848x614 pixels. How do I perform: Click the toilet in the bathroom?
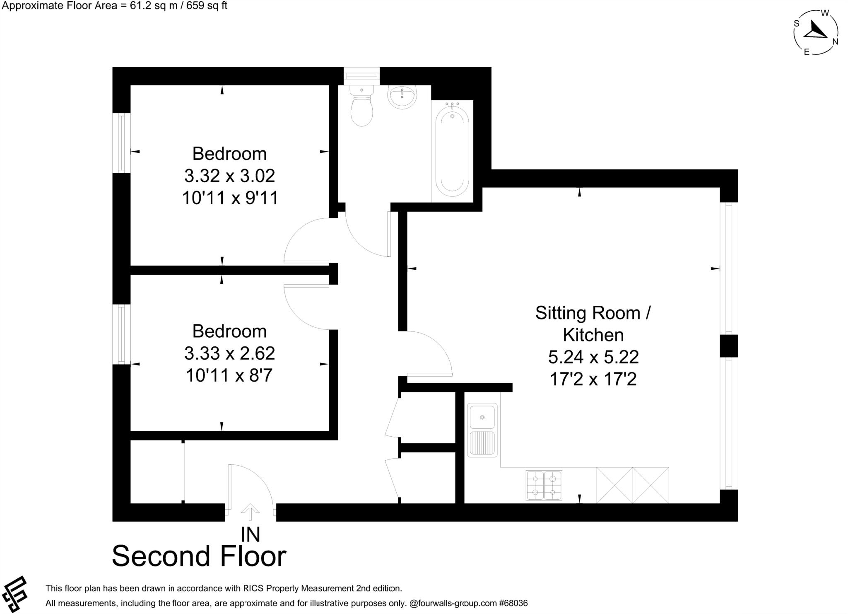tap(361, 107)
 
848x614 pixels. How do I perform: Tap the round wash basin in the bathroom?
tap(401, 97)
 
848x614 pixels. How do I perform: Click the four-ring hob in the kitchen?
tap(544, 485)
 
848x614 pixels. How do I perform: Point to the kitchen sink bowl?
tap(482, 417)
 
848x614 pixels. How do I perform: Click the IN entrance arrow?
tap(250, 512)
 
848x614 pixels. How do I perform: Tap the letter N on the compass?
tap(835, 41)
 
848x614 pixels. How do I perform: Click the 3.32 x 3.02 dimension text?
tap(229, 176)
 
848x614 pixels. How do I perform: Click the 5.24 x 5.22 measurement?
tap(593, 357)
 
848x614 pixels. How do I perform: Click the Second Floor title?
tap(199, 556)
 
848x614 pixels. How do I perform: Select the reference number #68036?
tap(513, 603)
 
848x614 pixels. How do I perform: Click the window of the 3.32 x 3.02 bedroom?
tap(121, 143)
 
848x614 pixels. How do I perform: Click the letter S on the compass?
tap(796, 24)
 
